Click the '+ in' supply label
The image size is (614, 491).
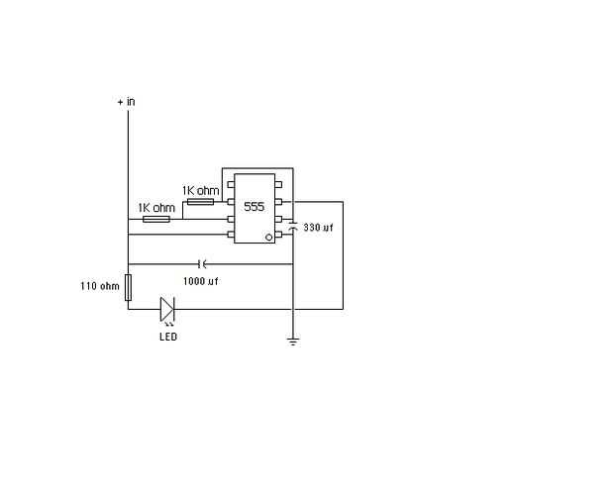[126, 102]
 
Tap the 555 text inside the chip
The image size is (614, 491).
[255, 207]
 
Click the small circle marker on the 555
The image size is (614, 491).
[268, 238]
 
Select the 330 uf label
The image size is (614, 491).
[318, 228]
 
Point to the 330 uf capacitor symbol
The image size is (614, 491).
[293, 226]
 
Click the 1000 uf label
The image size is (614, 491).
[200, 281]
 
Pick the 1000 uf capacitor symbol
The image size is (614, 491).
[202, 264]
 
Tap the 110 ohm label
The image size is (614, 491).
[100, 286]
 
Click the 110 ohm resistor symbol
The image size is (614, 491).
[128, 288]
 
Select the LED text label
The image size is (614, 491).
[168, 337]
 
